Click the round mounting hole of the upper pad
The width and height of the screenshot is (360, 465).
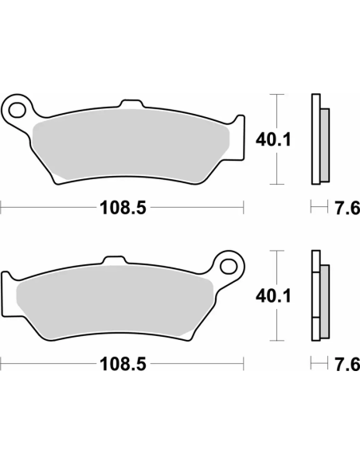pos(18,106)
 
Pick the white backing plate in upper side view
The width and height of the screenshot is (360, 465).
pos(314,140)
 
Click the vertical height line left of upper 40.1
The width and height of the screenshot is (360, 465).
pos(276,140)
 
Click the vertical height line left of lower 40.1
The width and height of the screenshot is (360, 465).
pos(276,296)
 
